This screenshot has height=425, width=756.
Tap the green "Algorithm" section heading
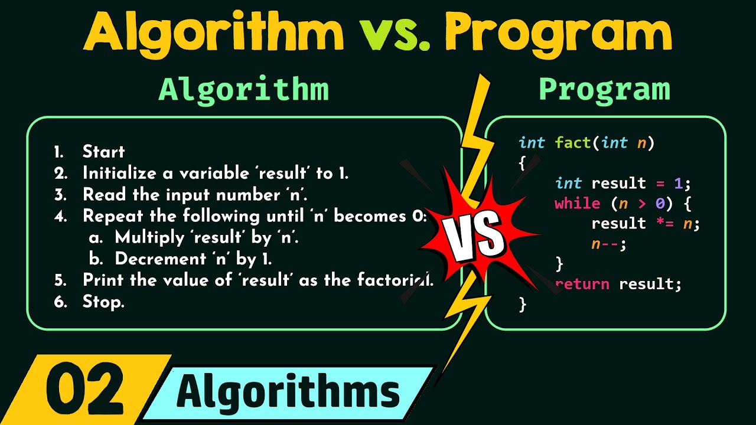tap(243, 90)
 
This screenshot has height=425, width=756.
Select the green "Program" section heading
tap(604, 90)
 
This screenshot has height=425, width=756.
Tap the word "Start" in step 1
tap(104, 152)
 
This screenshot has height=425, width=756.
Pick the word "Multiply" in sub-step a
tap(141, 237)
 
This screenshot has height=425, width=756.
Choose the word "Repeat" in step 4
tap(110, 216)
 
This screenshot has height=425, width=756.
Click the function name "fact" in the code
tap(573, 142)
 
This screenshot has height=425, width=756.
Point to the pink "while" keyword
tap(578, 204)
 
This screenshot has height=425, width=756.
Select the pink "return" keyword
tap(582, 284)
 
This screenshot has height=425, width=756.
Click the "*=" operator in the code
tap(663, 224)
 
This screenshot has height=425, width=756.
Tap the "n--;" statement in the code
tap(609, 244)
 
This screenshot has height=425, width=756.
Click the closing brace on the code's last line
tap(522, 304)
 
